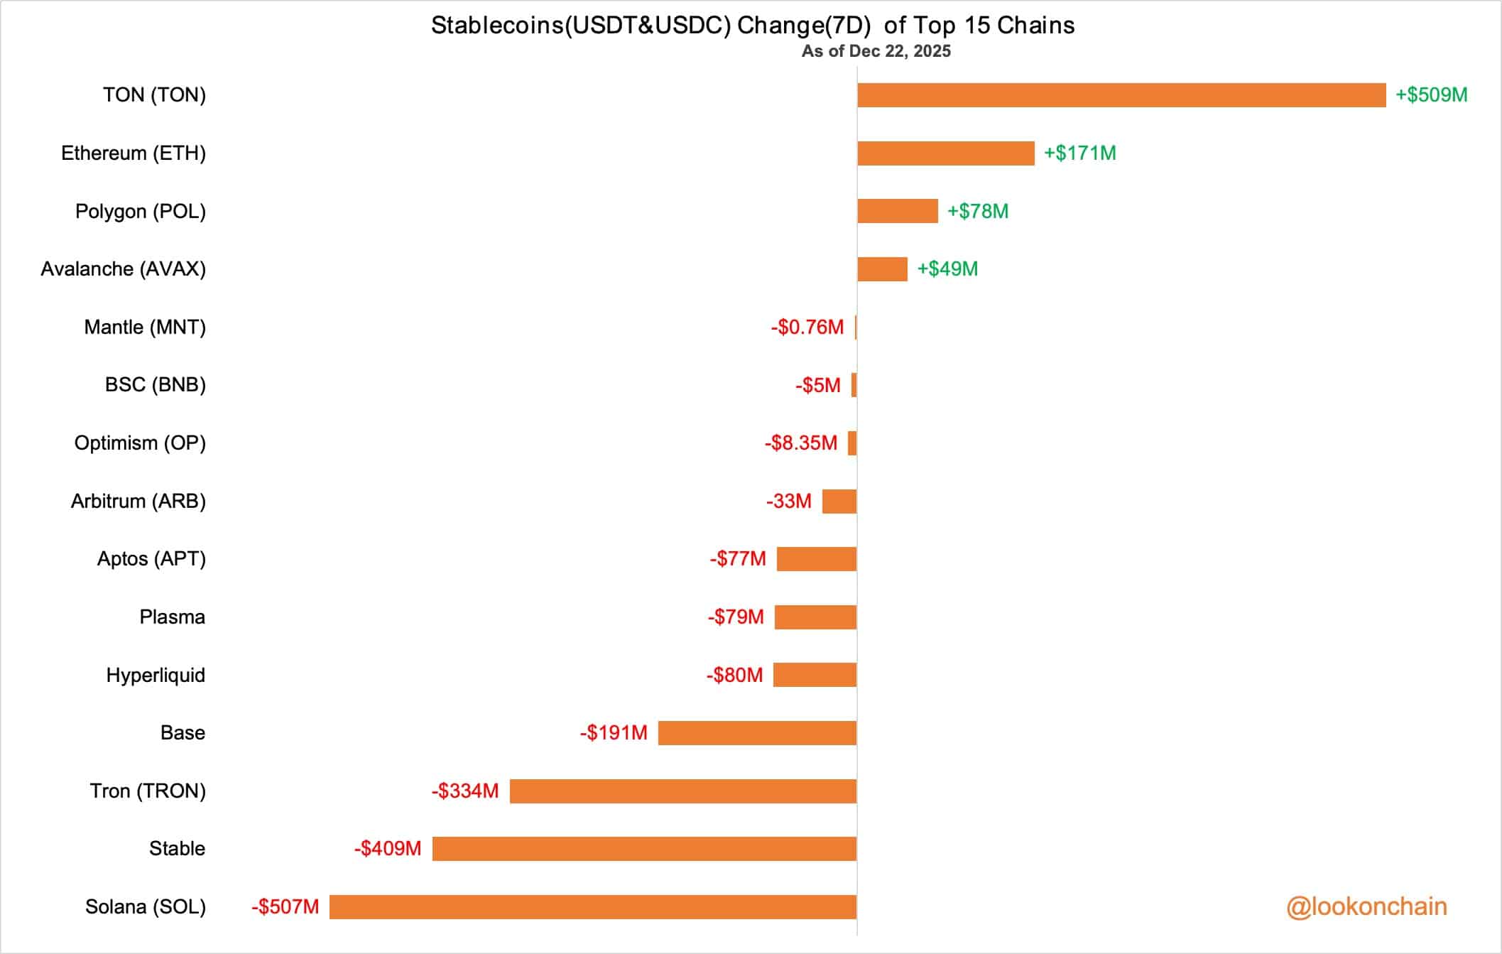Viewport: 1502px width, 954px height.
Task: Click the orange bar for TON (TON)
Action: pyautogui.click(x=1121, y=95)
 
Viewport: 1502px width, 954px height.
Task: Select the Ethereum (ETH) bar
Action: pyautogui.click(x=945, y=153)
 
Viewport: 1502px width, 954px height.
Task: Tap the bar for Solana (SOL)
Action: pyautogui.click(x=592, y=907)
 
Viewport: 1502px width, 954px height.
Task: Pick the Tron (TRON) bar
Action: pyautogui.click(x=682, y=791)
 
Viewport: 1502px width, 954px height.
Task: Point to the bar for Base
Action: pyautogui.click(x=757, y=733)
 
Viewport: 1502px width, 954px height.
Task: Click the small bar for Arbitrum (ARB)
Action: pyautogui.click(x=839, y=502)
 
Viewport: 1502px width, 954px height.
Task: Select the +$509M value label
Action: pyautogui.click(x=1431, y=95)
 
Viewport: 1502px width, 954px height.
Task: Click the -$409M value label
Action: pyautogui.click(x=388, y=849)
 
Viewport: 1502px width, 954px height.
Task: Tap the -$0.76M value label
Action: pyautogui.click(x=807, y=327)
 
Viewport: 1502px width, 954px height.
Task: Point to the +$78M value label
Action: pyautogui.click(x=977, y=212)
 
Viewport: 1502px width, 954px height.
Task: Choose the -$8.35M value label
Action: pyautogui.click(x=800, y=443)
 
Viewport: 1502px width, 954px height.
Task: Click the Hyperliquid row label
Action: pyautogui.click(x=156, y=675)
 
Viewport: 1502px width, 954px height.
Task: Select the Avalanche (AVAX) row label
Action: pyautogui.click(x=123, y=269)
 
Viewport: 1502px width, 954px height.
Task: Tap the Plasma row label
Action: pyautogui.click(x=172, y=617)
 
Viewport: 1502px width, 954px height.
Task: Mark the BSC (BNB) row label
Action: pyautogui.click(x=155, y=385)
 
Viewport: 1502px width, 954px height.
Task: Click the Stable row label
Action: pyautogui.click(x=177, y=849)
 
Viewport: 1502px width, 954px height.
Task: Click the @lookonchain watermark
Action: pyautogui.click(x=1366, y=907)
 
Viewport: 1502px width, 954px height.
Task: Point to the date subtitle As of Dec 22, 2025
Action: pyautogui.click(x=876, y=51)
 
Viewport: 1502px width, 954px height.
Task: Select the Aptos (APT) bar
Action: pyautogui.click(x=816, y=559)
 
